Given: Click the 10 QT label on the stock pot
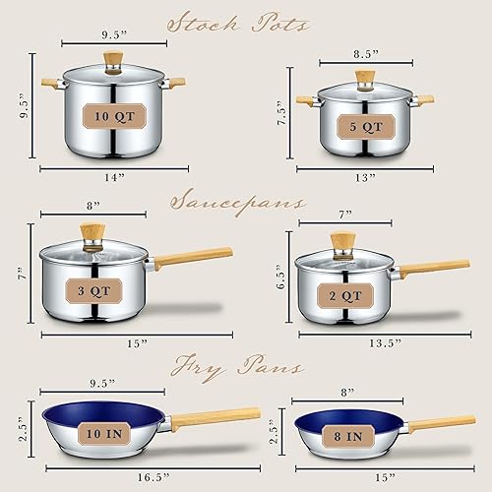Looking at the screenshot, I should pos(112,116).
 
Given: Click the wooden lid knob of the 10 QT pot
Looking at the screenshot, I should pos(114,58).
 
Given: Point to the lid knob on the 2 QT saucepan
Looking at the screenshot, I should pos(342,242).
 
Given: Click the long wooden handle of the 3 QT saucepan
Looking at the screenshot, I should pos(193,258).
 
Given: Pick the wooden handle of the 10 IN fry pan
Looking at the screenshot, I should pos(216,416).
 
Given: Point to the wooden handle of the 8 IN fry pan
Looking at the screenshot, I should pos(441,422).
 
